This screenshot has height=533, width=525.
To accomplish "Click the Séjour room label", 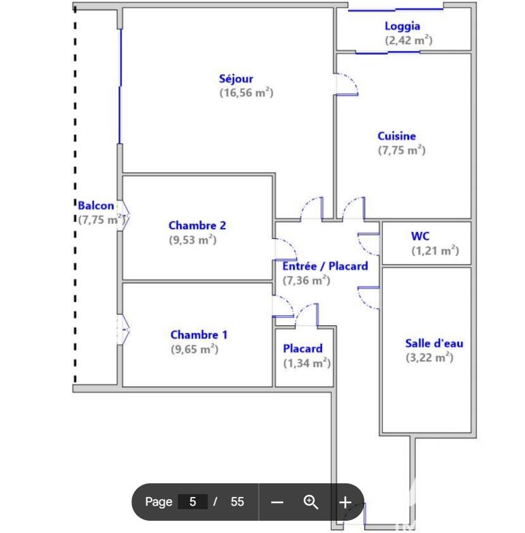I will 236,79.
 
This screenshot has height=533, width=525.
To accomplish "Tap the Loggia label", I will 402,27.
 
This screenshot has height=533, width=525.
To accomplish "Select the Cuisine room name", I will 396,136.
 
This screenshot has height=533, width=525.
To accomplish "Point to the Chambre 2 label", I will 197,226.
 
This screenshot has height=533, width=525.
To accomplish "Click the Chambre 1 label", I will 199,334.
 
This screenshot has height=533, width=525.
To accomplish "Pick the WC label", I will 420,236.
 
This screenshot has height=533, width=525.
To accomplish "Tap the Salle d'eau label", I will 434,343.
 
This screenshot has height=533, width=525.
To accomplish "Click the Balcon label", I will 96,206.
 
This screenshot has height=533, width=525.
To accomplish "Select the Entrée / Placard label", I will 325,265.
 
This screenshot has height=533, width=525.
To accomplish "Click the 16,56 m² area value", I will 246,93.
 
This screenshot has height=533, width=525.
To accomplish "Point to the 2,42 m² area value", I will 409,41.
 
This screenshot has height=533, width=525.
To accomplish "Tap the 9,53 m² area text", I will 193,240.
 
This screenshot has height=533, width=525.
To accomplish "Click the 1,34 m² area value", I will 306,363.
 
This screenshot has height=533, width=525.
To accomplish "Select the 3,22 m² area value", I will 430,357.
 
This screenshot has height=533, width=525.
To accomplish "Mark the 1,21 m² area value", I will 435,251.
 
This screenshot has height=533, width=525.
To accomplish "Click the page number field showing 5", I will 193,502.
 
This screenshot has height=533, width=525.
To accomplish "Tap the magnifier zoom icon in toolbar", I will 311,502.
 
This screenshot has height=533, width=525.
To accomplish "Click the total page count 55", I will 237,502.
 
